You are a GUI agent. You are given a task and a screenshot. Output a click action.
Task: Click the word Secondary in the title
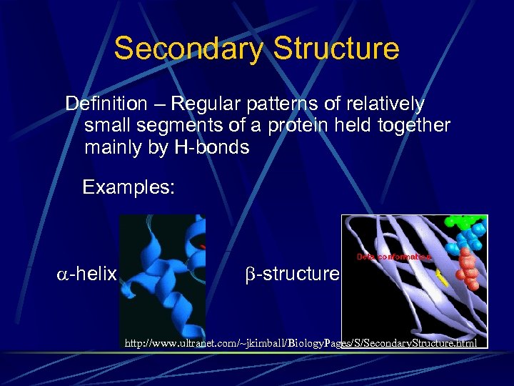188,49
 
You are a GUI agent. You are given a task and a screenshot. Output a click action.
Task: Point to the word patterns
281,104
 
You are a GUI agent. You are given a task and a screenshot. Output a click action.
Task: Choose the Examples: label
128,188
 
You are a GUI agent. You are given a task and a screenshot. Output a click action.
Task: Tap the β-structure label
288,274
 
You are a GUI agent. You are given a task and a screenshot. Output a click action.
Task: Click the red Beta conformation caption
393,256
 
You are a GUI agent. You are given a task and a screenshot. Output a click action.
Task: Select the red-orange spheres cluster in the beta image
466,267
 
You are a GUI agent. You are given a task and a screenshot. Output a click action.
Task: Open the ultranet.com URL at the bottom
301,344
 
